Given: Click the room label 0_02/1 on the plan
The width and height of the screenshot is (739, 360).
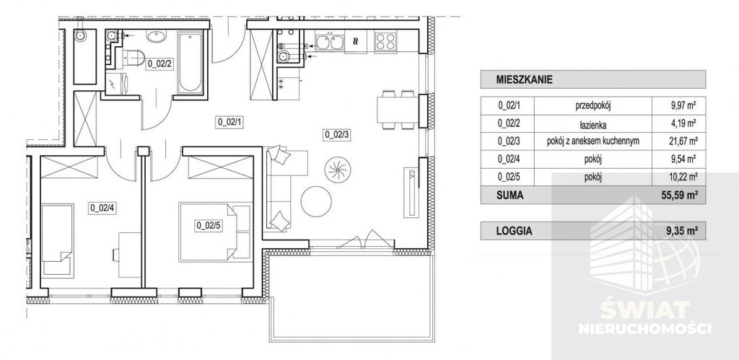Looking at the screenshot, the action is click(x=229, y=123).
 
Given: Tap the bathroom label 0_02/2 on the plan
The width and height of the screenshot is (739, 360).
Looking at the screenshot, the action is click(x=159, y=63).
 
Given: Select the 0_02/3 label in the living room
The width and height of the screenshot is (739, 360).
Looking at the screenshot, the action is click(x=337, y=135).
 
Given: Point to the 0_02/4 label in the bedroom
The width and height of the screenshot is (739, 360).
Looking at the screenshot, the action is click(x=102, y=208).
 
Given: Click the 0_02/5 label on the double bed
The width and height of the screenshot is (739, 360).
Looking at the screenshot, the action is click(x=209, y=226).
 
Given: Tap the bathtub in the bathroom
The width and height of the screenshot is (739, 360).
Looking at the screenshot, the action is click(x=191, y=62).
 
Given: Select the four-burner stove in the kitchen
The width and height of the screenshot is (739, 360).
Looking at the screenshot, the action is click(x=385, y=42).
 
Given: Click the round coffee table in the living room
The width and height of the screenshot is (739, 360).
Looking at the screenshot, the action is click(x=316, y=201).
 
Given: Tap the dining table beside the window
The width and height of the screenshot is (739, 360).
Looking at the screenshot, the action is click(x=398, y=110).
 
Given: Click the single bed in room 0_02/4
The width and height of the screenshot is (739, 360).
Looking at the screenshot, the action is click(x=58, y=240).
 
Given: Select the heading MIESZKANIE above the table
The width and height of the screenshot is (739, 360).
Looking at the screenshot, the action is click(x=524, y=79).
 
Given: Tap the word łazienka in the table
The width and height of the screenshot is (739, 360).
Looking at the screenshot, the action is click(x=592, y=125).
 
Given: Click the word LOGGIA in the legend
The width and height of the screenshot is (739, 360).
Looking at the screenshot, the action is click(x=514, y=231).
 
